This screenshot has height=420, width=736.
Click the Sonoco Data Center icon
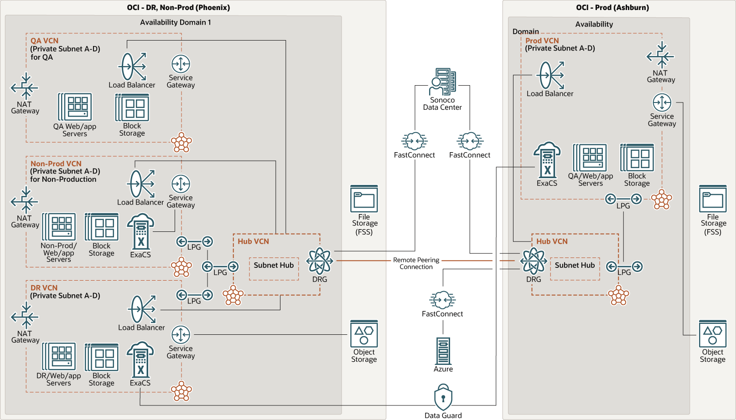[x=443, y=82]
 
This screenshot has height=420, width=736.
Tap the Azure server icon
[x=443, y=351]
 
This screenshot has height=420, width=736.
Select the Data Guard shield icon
[x=443, y=397]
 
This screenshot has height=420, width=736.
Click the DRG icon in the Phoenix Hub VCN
[x=320, y=261]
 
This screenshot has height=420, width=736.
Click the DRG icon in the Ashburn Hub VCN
[x=534, y=261]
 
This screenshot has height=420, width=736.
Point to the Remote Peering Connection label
[x=416, y=263]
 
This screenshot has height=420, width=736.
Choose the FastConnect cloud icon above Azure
[x=442, y=300]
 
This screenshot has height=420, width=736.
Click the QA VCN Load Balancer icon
[x=132, y=67]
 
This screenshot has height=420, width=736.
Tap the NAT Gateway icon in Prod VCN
[x=660, y=56]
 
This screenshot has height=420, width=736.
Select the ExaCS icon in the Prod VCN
[x=547, y=160]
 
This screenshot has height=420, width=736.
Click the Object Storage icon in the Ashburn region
[x=713, y=334]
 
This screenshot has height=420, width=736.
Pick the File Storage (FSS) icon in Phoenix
[x=364, y=199]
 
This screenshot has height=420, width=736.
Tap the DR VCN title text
[x=44, y=288]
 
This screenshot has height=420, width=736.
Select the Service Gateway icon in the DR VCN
[x=181, y=335]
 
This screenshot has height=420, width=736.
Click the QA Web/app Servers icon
[x=75, y=107]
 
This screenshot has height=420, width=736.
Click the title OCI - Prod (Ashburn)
[x=612, y=7]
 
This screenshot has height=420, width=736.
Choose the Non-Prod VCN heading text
[x=56, y=164]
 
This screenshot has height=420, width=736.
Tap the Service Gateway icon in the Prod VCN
[x=662, y=102]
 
